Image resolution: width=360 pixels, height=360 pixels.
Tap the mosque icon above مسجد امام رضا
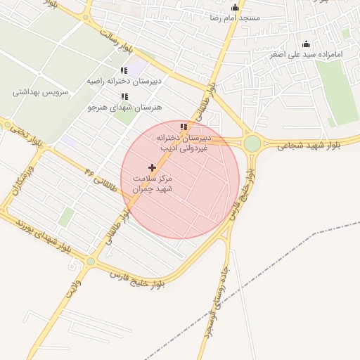pos(235,7)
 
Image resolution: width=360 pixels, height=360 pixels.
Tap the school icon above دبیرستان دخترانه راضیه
pos(124,71)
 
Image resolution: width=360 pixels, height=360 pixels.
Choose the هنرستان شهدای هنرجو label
pos(124,107)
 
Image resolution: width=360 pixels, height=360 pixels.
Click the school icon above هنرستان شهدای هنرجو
pos(124,97)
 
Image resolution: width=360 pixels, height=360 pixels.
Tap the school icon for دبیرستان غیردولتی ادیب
pos(184,127)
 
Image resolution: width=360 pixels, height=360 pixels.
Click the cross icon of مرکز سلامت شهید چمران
pos(153,167)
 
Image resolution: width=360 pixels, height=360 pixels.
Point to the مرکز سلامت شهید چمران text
pos(153,184)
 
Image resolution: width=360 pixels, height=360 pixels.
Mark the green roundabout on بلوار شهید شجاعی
pos(252,145)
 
